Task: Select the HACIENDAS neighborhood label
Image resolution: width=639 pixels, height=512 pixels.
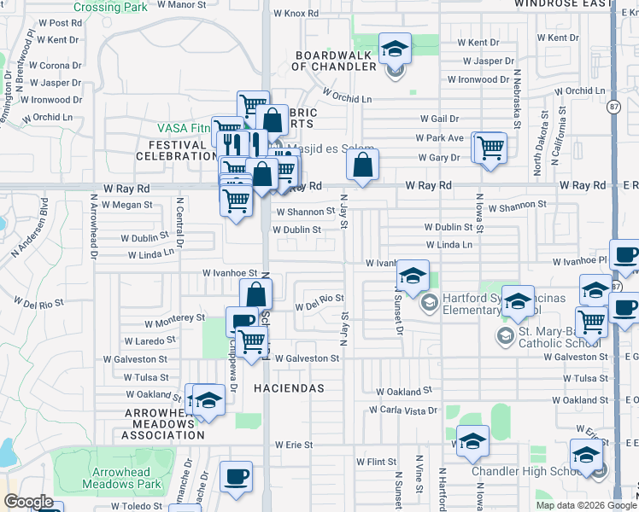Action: (289, 388)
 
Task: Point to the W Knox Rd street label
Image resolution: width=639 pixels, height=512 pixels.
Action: (296, 14)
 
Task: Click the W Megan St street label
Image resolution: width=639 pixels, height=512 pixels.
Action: (126, 205)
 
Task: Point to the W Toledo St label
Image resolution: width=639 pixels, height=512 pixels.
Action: (138, 506)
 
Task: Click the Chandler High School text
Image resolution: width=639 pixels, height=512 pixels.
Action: (526, 472)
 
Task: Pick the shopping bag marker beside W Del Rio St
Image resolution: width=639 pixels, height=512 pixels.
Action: (256, 294)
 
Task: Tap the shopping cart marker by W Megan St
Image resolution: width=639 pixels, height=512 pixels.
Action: (236, 201)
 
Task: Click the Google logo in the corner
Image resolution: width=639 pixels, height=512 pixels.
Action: (28, 503)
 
